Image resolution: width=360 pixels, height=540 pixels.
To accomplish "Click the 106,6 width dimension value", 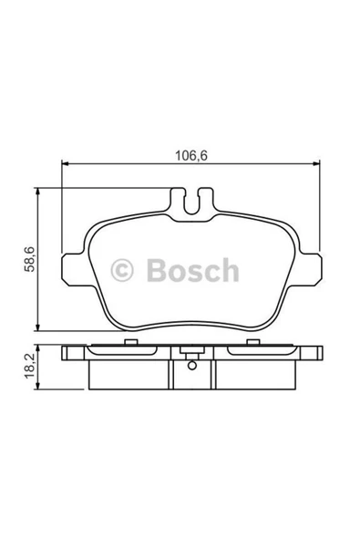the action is (x=191, y=156).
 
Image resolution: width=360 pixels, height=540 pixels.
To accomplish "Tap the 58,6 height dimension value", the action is (x=29, y=259).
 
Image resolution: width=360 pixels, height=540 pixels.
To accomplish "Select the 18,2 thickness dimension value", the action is (x=29, y=366).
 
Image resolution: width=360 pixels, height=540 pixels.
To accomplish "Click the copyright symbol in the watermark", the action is (x=122, y=270).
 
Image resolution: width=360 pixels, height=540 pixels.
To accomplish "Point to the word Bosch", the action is (x=192, y=270).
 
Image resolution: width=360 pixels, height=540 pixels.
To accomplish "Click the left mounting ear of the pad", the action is (x=73, y=269).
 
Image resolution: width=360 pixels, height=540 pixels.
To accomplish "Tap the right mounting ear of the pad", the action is (x=311, y=269).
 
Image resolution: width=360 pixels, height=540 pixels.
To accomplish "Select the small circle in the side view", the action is (x=192, y=365).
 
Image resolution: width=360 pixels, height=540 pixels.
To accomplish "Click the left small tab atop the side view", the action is (x=130, y=342).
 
